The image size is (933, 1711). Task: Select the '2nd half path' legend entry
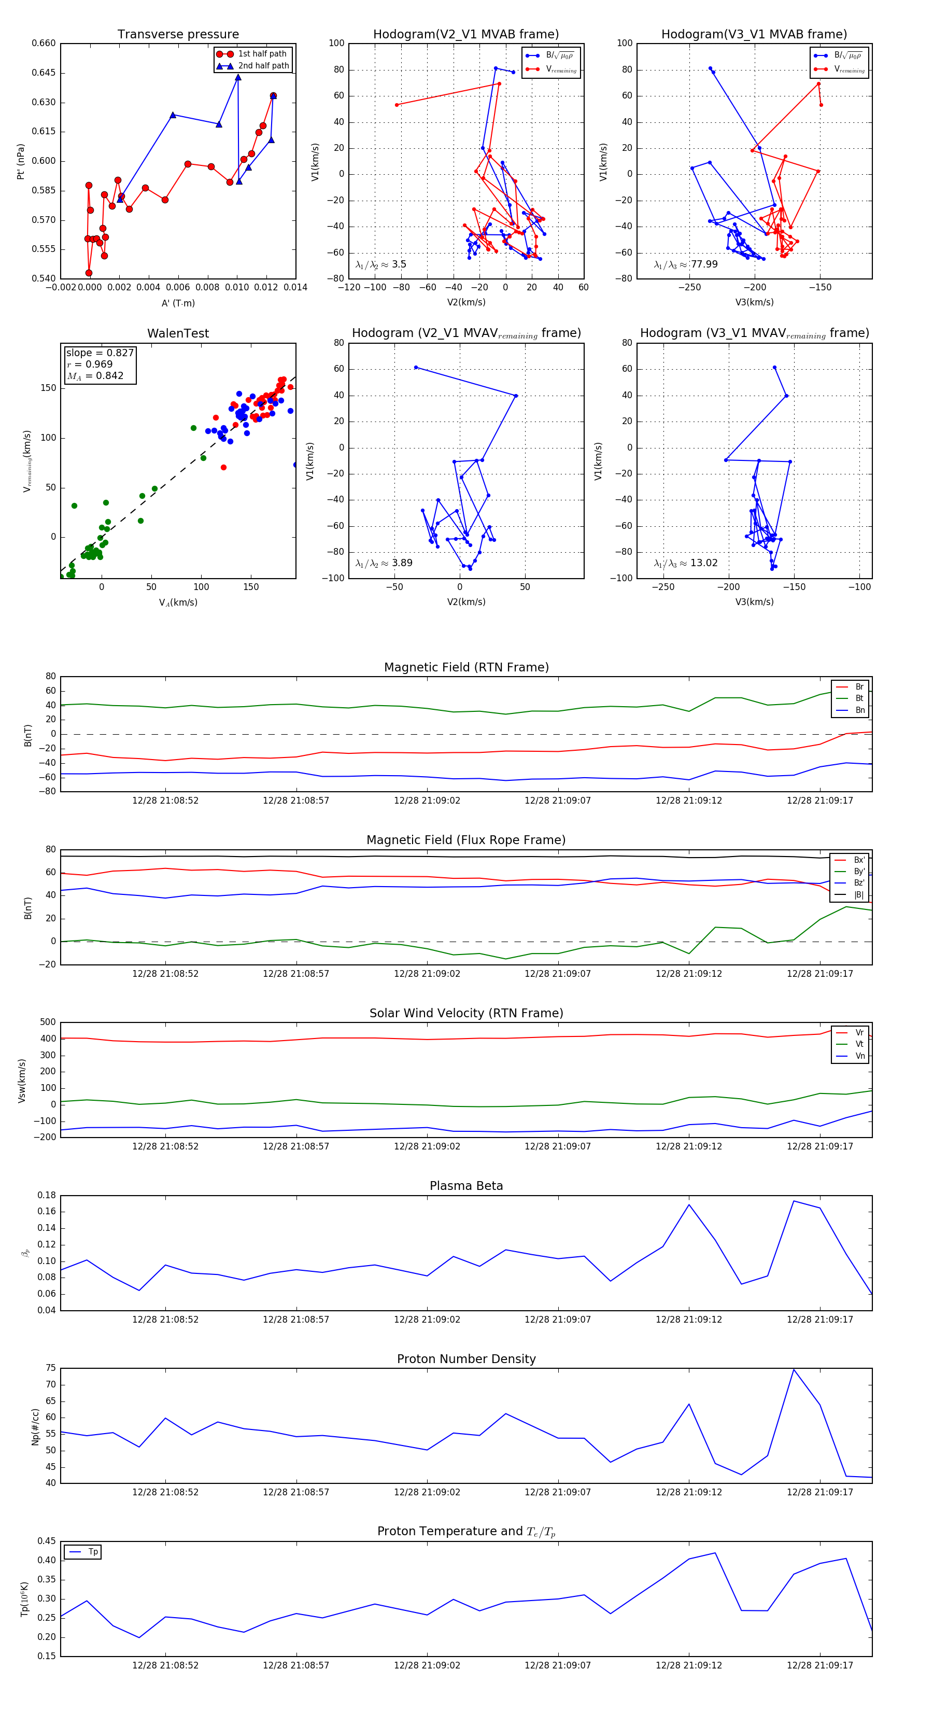(x=263, y=66)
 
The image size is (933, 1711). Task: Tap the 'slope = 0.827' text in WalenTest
(x=100, y=353)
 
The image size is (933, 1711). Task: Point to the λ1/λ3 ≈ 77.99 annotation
(x=685, y=264)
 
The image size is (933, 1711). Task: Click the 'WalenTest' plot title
(x=178, y=333)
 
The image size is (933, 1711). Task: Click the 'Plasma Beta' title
(x=466, y=1186)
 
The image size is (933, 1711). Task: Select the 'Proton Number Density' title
(x=466, y=1359)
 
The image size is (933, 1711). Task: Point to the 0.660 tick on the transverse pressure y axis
(x=44, y=43)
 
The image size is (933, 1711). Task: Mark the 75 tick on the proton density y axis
(x=50, y=1368)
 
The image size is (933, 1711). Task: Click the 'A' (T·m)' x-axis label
(x=178, y=303)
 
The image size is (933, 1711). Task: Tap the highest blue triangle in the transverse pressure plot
(x=238, y=78)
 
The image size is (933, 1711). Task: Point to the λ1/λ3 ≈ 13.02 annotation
(x=685, y=563)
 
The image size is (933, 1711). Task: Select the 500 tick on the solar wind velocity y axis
(x=47, y=1022)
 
